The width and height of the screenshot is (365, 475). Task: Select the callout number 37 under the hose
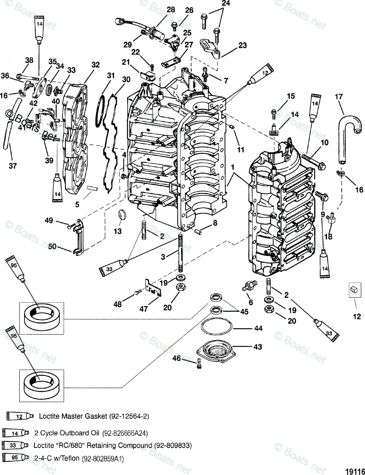point(13,166)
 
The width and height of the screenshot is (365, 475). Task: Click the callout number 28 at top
point(171,9)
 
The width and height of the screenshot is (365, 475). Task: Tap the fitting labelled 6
point(250,288)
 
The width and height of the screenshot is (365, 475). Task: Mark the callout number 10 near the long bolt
point(325,142)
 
